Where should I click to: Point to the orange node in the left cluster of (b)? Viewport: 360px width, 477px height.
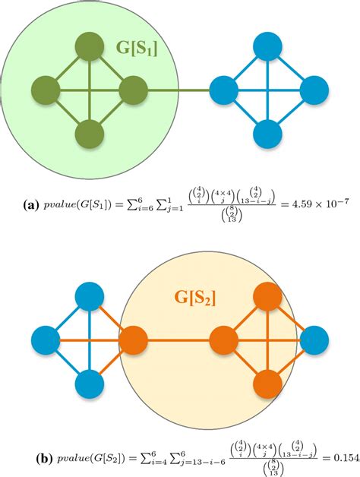pos(134,337)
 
